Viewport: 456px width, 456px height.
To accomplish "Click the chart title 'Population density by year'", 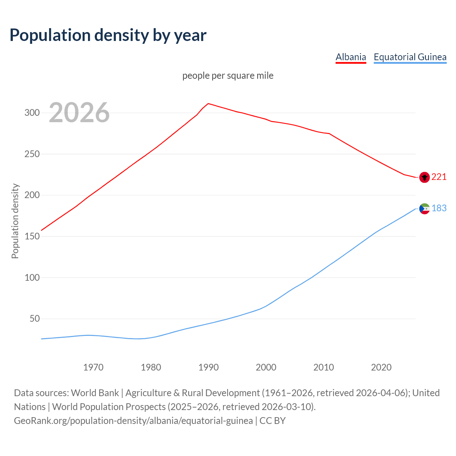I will [108, 35].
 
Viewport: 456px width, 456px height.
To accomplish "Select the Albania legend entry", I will [351, 57].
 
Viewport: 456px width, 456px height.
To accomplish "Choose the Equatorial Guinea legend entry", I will [410, 57].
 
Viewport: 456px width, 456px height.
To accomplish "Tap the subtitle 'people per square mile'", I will [228, 76].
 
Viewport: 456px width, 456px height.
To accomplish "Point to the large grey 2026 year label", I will [79, 113].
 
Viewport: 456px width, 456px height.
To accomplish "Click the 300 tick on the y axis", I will [32, 113].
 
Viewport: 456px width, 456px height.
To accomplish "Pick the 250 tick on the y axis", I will [32, 154].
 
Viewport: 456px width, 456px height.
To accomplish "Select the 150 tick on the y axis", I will [32, 237].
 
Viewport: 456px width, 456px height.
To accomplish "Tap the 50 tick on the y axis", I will [35, 319].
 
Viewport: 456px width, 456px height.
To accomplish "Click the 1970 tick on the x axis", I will [93, 367].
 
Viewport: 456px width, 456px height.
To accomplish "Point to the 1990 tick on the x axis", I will [208, 367].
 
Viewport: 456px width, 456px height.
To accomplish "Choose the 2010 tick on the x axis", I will [323, 367].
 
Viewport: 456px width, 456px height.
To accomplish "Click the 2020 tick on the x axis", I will [381, 367].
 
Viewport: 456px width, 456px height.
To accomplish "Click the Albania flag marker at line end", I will [424, 177].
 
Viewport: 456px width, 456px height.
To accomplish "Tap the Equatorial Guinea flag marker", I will [424, 208].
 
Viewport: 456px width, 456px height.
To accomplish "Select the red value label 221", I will [439, 177].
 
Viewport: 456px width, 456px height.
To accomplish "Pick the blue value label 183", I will [439, 208].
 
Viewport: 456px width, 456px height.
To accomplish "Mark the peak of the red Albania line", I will [208, 104].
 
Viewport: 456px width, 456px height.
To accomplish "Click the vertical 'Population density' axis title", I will [15, 221].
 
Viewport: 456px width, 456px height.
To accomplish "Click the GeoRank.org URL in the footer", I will [133, 421].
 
